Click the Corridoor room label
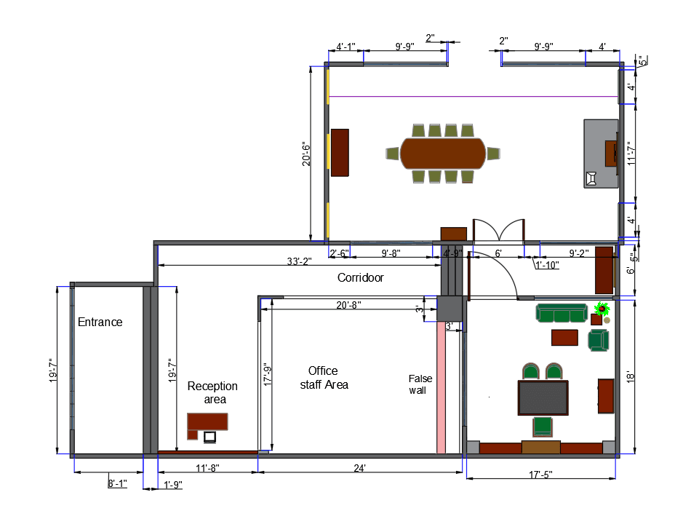[360, 277]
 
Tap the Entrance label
[100, 322]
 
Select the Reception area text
[212, 392]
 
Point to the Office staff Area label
[324, 378]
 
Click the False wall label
[420, 384]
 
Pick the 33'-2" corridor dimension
[299, 261]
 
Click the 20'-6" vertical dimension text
[306, 154]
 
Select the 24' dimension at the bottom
[360, 468]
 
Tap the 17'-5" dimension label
[540, 475]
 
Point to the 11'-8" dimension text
[207, 468]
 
